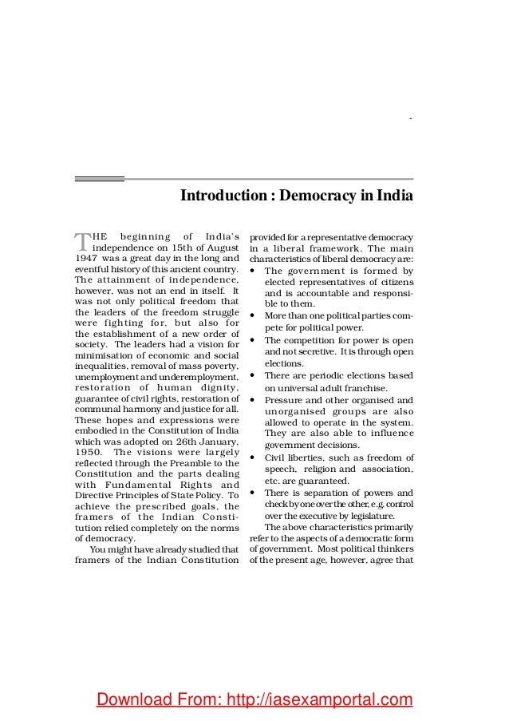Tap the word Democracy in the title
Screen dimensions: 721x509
click(319, 196)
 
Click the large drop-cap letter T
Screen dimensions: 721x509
click(82, 242)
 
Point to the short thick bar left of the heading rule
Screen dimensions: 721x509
click(99, 179)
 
